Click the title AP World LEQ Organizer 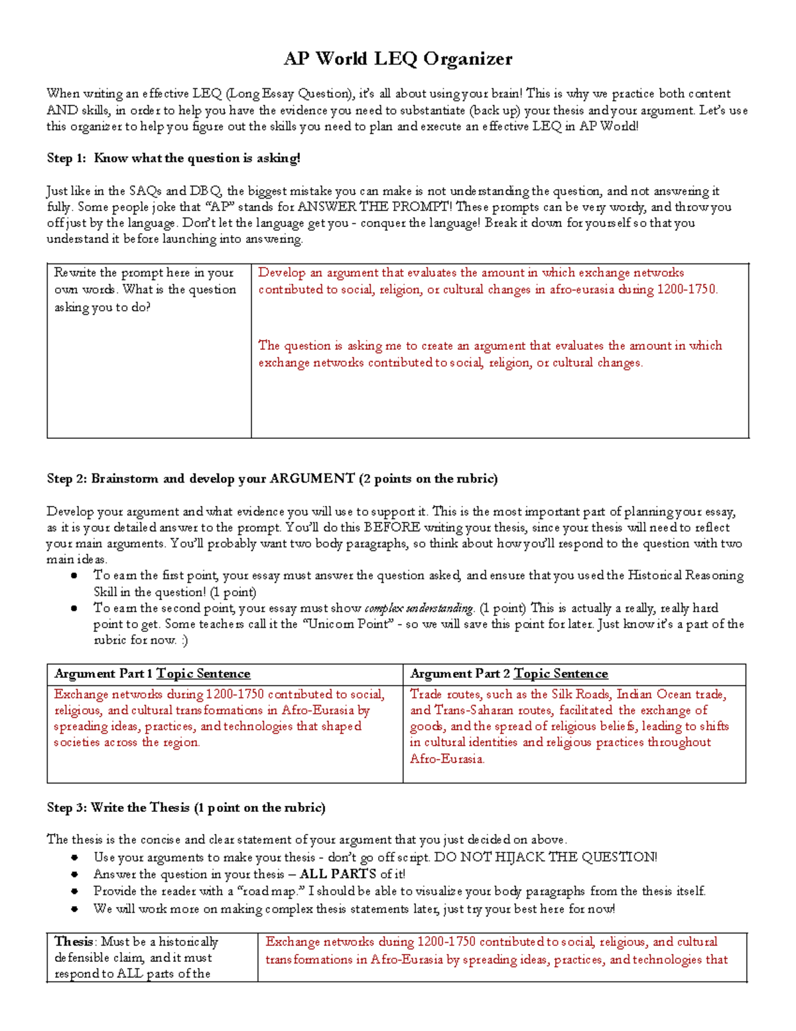[x=397, y=59]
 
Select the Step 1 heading [x=173, y=158]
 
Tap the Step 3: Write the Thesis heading [x=186, y=807]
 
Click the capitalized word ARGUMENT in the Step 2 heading [x=312, y=479]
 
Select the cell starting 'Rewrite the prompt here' [x=146, y=289]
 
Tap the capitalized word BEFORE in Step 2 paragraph [x=391, y=527]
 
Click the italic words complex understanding [x=419, y=608]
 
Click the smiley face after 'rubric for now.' [x=184, y=640]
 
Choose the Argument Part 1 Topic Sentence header [x=153, y=673]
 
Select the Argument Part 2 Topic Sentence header [x=509, y=673]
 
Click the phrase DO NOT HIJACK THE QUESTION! [x=545, y=857]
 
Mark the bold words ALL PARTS [x=338, y=874]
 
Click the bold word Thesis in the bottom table [x=74, y=941]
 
